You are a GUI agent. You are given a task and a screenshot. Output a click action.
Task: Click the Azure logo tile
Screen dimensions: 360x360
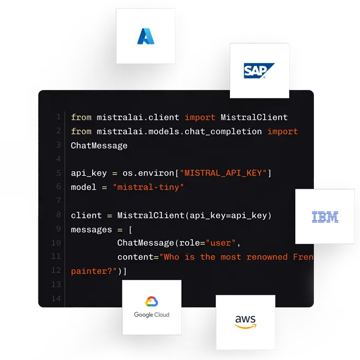point(146,36)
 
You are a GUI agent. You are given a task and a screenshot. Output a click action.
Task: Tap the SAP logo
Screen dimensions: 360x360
point(259,71)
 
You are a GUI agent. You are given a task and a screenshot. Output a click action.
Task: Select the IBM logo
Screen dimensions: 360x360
point(325,217)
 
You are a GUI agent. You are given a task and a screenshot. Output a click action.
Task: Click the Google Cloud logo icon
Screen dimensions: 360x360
point(151,302)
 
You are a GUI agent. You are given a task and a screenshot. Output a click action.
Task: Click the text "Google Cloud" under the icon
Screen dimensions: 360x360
point(151,315)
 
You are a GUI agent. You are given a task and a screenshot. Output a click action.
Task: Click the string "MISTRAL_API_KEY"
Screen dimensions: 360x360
point(226,173)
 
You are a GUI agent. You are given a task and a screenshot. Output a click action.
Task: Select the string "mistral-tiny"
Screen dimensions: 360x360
point(148,187)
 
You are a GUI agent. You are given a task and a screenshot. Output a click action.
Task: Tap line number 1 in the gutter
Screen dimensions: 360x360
point(58,117)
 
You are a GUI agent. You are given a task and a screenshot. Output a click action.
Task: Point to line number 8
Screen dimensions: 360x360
point(58,215)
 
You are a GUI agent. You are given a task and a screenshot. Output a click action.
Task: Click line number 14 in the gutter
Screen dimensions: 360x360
point(57,299)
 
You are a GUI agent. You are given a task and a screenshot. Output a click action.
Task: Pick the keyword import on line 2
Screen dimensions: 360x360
point(283,132)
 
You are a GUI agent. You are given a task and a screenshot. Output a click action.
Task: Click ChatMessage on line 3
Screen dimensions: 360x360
point(99,145)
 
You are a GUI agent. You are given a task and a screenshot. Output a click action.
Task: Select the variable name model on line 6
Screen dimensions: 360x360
point(83,187)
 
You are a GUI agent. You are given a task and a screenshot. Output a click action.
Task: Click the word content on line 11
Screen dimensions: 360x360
point(136,257)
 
